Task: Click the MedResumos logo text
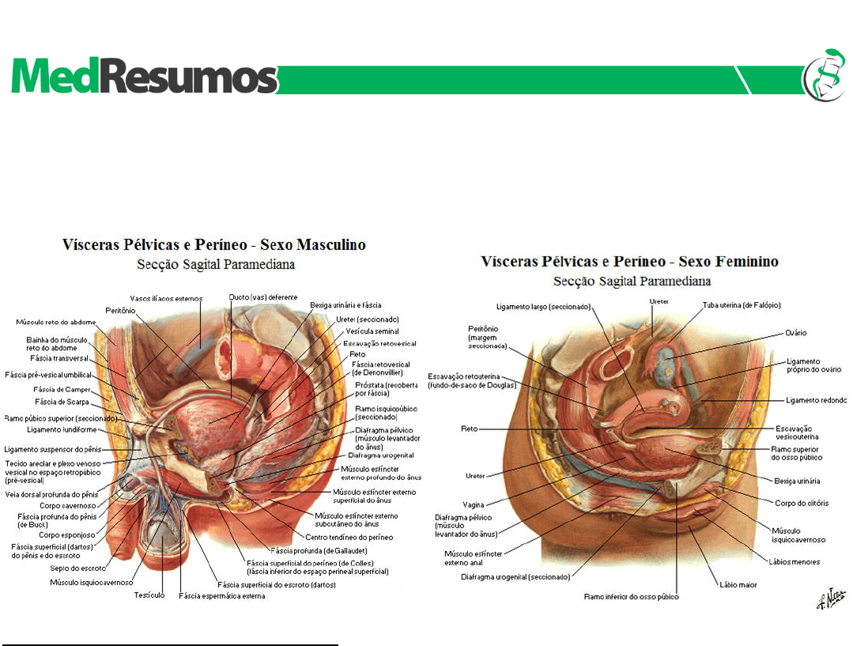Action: (x=145, y=77)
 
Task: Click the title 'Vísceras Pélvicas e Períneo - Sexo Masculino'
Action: (x=214, y=245)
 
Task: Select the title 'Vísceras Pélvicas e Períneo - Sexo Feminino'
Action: (x=630, y=262)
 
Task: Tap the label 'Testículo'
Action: (x=149, y=595)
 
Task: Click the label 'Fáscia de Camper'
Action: (x=62, y=390)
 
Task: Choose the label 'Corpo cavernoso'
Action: (x=68, y=505)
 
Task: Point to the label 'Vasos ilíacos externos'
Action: (x=167, y=298)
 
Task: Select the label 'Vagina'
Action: (x=474, y=504)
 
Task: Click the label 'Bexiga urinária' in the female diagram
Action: (x=797, y=481)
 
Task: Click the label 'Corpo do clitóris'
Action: (x=799, y=503)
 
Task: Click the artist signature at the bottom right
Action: (x=826, y=600)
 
